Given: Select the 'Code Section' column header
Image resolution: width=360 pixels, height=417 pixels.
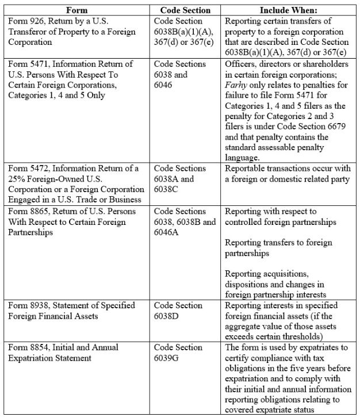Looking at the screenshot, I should pos(185,10).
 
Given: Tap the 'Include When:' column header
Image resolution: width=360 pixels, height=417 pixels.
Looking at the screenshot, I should pos(289,10).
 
